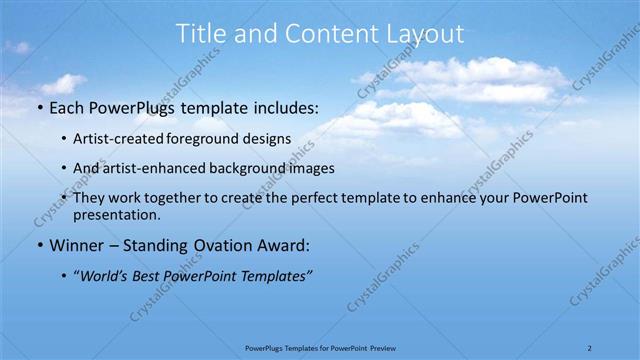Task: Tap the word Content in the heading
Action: [x=321, y=33]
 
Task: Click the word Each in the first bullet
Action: [x=70, y=107]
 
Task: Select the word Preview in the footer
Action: [x=377, y=348]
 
